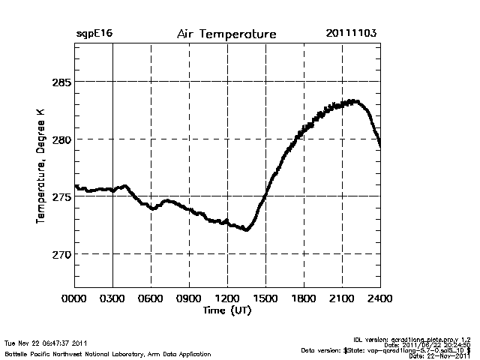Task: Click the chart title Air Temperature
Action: pyautogui.click(x=226, y=34)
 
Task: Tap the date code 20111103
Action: pyautogui.click(x=351, y=34)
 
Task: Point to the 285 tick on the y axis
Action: pyautogui.click(x=60, y=82)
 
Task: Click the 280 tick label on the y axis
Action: pyautogui.click(x=60, y=139)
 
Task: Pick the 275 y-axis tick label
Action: pyautogui.click(x=60, y=197)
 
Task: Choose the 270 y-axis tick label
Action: pyautogui.click(x=60, y=255)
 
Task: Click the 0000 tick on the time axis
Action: pyautogui.click(x=74, y=298)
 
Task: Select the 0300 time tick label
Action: pyautogui.click(x=112, y=298)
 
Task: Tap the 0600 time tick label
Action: pyautogui.click(x=151, y=298)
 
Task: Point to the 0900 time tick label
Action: pyautogui.click(x=189, y=298)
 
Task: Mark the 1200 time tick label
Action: pyautogui.click(x=227, y=298)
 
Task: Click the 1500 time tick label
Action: pyautogui.click(x=265, y=298)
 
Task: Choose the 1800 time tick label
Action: pyautogui.click(x=304, y=298)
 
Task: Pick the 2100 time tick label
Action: pyautogui.click(x=342, y=298)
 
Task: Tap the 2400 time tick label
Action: pyautogui.click(x=379, y=298)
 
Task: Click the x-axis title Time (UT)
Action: pyautogui.click(x=226, y=310)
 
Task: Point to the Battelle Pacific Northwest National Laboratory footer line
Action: pyautogui.click(x=108, y=353)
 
